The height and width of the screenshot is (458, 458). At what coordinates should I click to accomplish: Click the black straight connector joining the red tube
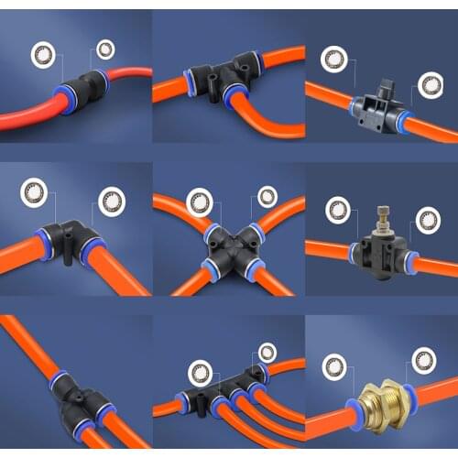click(82, 89)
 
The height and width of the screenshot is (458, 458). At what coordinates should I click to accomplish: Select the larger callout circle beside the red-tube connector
click(43, 55)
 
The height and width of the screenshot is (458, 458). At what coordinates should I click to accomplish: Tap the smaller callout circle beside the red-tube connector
click(106, 49)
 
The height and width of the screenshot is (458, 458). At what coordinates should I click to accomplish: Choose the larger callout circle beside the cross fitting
click(199, 202)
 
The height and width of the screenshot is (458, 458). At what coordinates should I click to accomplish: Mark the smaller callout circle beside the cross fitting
click(267, 196)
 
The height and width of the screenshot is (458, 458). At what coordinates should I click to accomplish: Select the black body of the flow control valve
click(380, 247)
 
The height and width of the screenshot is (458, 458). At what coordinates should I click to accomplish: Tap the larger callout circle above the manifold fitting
click(200, 373)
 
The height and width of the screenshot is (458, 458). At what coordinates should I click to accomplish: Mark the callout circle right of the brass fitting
click(422, 359)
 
